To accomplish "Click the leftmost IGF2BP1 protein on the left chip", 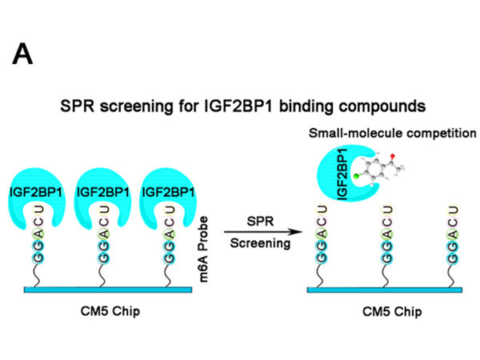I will [x=39, y=195].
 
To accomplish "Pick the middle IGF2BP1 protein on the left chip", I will [x=98, y=195].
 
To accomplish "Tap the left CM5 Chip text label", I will [x=102, y=310].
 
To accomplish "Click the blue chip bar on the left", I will [x=102, y=289].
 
